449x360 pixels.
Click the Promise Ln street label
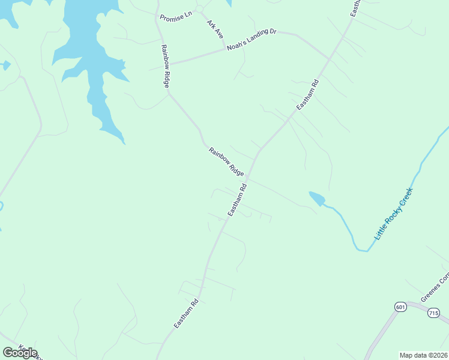coord(175,13)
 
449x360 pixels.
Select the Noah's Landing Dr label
coord(251,40)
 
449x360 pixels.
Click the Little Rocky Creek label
coord(394,214)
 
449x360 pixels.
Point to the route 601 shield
coord(400,307)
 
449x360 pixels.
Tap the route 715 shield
coord(434,313)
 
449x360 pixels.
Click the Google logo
coord(20,353)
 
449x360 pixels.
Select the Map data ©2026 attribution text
coord(423,355)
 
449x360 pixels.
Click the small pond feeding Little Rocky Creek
coord(317,199)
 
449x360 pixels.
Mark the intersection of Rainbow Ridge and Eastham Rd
coord(248,177)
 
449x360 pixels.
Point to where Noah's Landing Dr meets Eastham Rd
coord(329,59)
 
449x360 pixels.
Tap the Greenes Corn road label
coord(435,289)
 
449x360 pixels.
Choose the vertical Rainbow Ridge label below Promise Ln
coord(163,66)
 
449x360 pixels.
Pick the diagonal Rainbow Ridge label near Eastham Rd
coord(226,161)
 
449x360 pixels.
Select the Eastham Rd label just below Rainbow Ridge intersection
coord(238,200)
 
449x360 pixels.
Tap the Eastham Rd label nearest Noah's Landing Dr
coord(307,94)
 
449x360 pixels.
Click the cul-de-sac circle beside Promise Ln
coord(199,10)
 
